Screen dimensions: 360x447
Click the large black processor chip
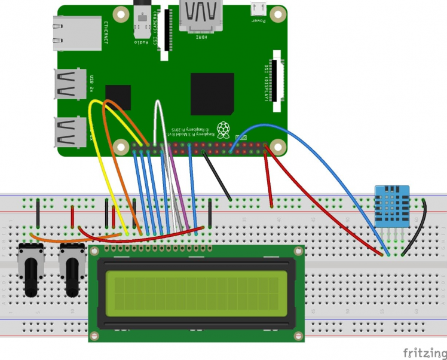click(212, 94)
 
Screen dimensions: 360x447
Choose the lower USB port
click(71, 131)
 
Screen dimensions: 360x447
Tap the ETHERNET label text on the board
click(106, 33)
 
